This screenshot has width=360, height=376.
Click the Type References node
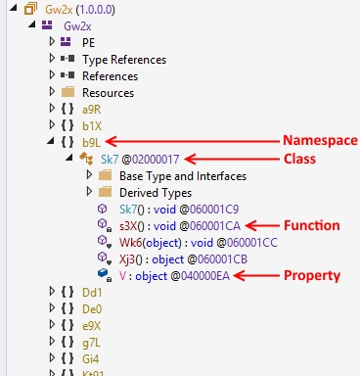click(x=123, y=59)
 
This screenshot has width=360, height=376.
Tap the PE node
click(x=89, y=42)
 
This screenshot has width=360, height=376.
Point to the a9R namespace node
click(x=92, y=109)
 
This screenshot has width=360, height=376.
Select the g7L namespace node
click(x=92, y=342)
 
